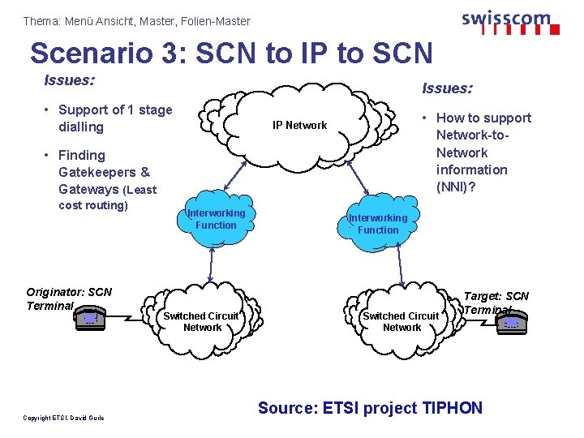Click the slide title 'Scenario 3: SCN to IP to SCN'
point(231,53)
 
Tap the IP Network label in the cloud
point(299,125)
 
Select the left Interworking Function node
point(216,219)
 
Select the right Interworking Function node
point(378,223)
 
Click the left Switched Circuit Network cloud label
point(201,321)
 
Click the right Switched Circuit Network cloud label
point(401,321)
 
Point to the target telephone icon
point(510,322)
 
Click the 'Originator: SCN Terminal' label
point(68,298)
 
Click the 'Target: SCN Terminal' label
point(496,303)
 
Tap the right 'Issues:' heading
point(447,88)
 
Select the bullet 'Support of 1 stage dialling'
point(114,118)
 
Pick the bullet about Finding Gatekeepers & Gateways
point(105,180)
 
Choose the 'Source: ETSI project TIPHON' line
point(370,408)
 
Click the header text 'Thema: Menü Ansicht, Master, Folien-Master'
point(137,21)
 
